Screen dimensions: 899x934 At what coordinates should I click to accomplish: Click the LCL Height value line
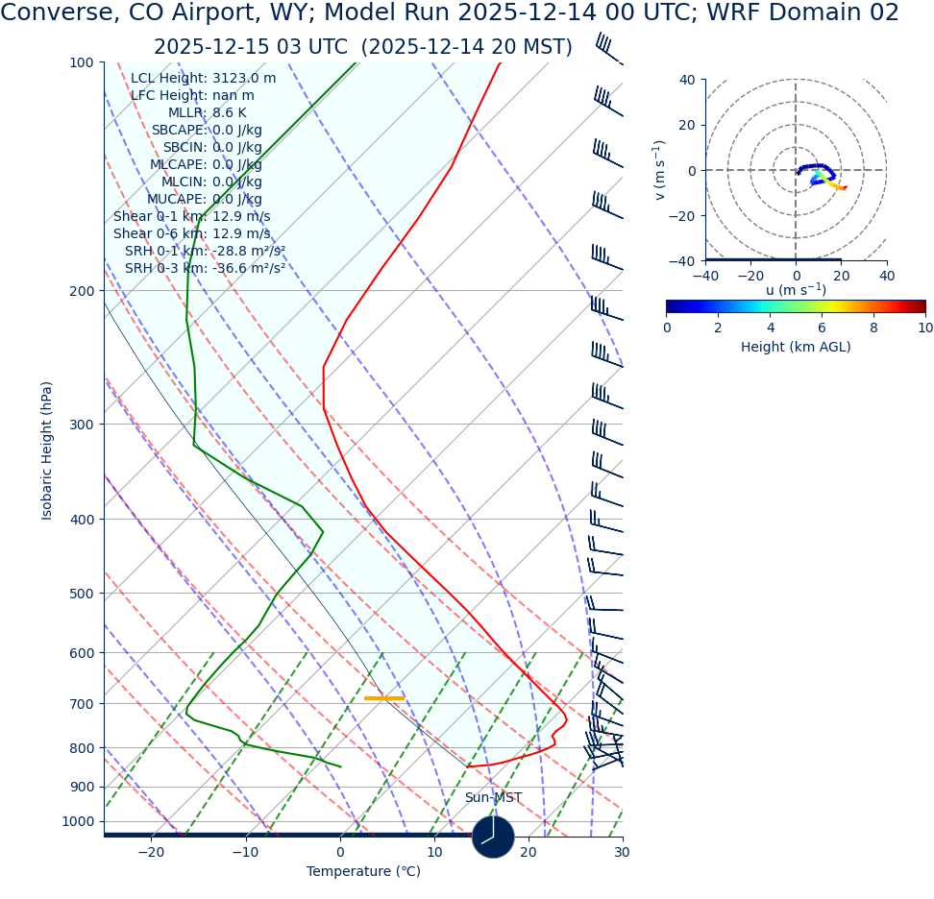point(203,79)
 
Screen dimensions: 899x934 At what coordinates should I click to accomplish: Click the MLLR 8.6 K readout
point(207,113)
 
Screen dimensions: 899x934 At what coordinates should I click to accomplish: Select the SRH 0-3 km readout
point(205,269)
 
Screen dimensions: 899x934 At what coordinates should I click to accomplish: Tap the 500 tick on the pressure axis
point(81,594)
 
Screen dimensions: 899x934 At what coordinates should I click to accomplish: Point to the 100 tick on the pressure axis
point(81,62)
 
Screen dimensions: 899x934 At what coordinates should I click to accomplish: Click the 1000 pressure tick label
point(77,821)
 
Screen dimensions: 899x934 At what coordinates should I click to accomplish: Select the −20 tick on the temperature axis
point(151,852)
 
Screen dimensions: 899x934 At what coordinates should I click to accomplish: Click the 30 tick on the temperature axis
point(622,852)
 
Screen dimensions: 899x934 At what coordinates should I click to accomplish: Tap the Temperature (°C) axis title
point(363,872)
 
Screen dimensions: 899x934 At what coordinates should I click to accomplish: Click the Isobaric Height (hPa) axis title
point(47,450)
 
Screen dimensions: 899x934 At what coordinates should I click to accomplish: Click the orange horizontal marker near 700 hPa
point(384,698)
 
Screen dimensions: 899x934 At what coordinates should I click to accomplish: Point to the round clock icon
point(493,837)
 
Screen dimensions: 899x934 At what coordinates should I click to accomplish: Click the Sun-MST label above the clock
point(493,798)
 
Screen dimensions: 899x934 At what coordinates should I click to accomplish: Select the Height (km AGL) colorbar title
point(796,347)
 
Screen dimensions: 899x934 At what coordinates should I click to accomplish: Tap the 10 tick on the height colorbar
point(924,328)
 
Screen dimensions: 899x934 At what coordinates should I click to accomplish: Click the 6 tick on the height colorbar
point(822,328)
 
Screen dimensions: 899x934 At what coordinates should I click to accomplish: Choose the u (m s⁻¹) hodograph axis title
point(796,290)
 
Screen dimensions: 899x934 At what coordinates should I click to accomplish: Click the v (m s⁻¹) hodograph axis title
point(659,170)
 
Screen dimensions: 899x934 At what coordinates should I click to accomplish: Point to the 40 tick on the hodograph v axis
point(686,80)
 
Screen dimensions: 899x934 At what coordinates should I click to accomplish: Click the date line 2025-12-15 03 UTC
point(363,47)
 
